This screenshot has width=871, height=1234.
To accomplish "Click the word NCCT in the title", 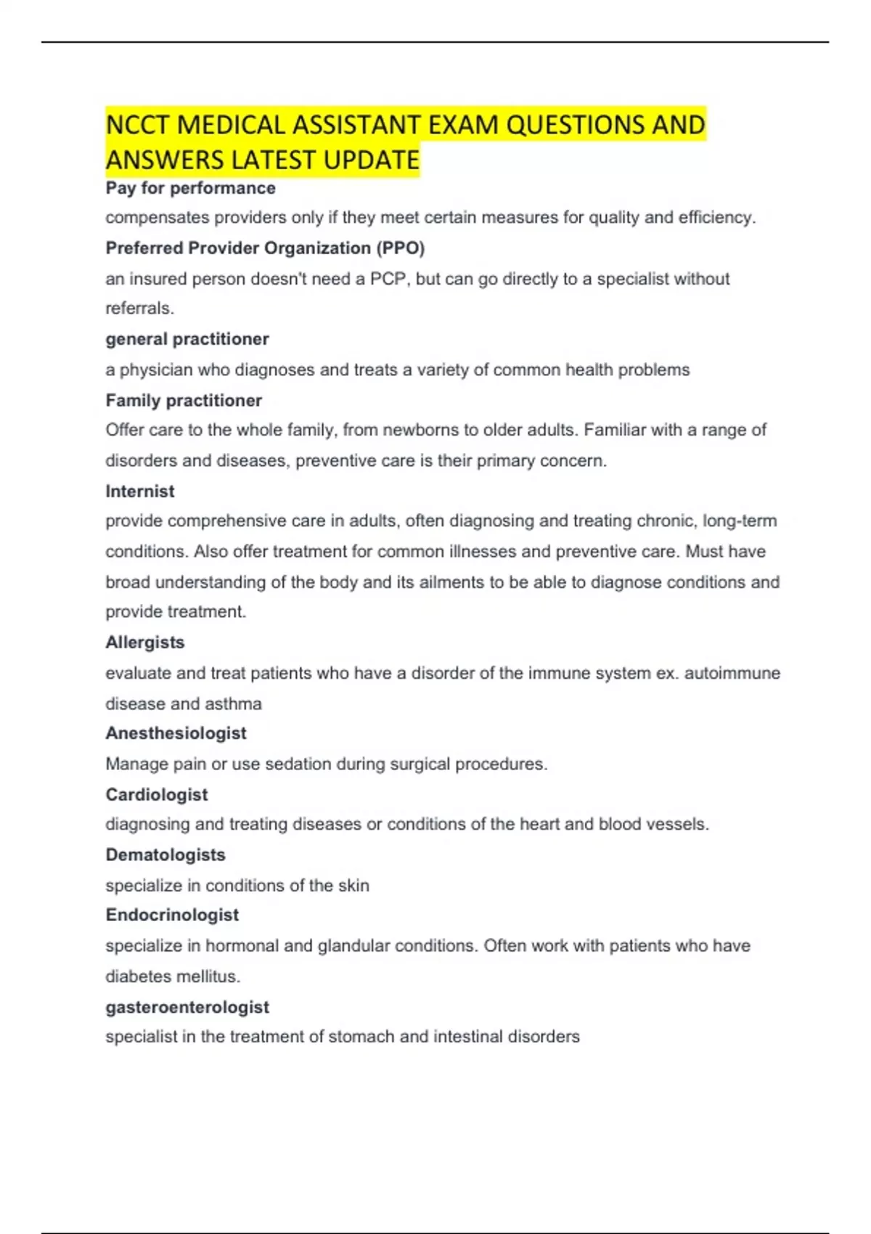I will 138,125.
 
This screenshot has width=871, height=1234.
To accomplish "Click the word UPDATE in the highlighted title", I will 371,160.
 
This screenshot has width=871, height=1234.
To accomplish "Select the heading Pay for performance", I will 190,188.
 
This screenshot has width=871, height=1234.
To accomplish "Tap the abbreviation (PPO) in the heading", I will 400,248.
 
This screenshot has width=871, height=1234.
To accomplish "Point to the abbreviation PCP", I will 389,279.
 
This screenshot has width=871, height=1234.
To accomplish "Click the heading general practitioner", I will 187,339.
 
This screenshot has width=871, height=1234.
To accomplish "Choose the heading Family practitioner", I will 183,401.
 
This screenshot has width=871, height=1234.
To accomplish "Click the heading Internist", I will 139,491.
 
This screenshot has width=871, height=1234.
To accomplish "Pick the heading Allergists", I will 144,642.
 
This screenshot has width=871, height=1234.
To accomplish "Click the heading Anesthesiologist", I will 176,733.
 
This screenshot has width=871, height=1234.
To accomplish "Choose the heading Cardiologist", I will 156,795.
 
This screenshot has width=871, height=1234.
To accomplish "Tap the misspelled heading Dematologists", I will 165,854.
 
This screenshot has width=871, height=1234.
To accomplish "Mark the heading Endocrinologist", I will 172,915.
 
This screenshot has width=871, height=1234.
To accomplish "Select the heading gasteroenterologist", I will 187,1007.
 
